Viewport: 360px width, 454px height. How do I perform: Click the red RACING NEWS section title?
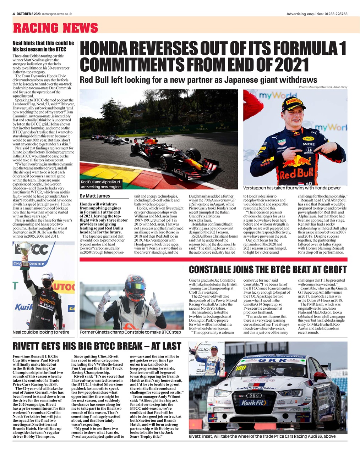55,28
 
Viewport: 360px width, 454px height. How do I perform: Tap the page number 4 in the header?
13,14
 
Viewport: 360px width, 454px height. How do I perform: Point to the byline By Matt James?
95,196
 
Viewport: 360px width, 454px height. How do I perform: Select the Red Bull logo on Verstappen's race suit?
296,173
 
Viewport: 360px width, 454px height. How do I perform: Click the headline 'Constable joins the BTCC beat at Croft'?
267,270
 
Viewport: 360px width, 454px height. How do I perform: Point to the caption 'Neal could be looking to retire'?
41,332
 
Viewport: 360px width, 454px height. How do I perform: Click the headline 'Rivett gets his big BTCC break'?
97,346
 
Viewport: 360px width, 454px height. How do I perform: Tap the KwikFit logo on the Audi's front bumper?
254,403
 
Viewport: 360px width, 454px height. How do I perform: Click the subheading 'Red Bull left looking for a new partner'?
198,79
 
